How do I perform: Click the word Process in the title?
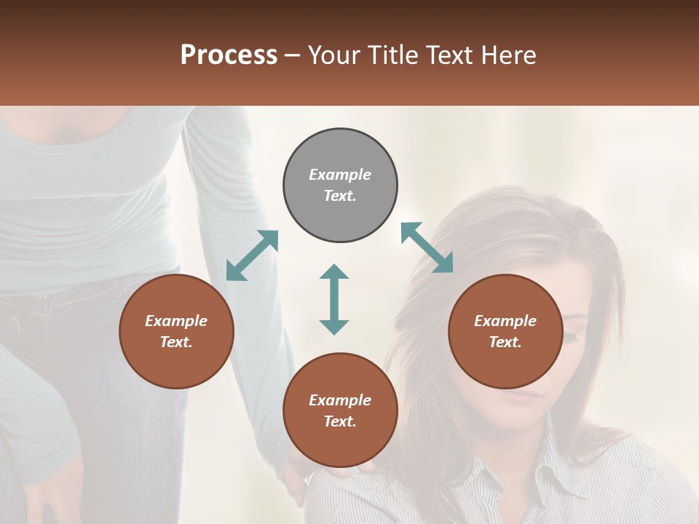click(229, 55)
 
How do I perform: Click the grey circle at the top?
click(340, 185)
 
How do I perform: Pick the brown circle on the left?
click(176, 331)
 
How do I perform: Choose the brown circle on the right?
click(505, 331)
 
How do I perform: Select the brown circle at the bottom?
click(340, 410)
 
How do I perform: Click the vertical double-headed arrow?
click(334, 299)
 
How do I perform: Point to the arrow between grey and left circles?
click(252, 255)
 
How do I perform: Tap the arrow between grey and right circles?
click(427, 247)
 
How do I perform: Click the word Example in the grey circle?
click(340, 175)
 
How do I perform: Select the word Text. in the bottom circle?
click(340, 421)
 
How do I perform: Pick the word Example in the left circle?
click(176, 321)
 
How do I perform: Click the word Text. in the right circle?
click(505, 342)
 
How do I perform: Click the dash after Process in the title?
click(293, 56)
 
